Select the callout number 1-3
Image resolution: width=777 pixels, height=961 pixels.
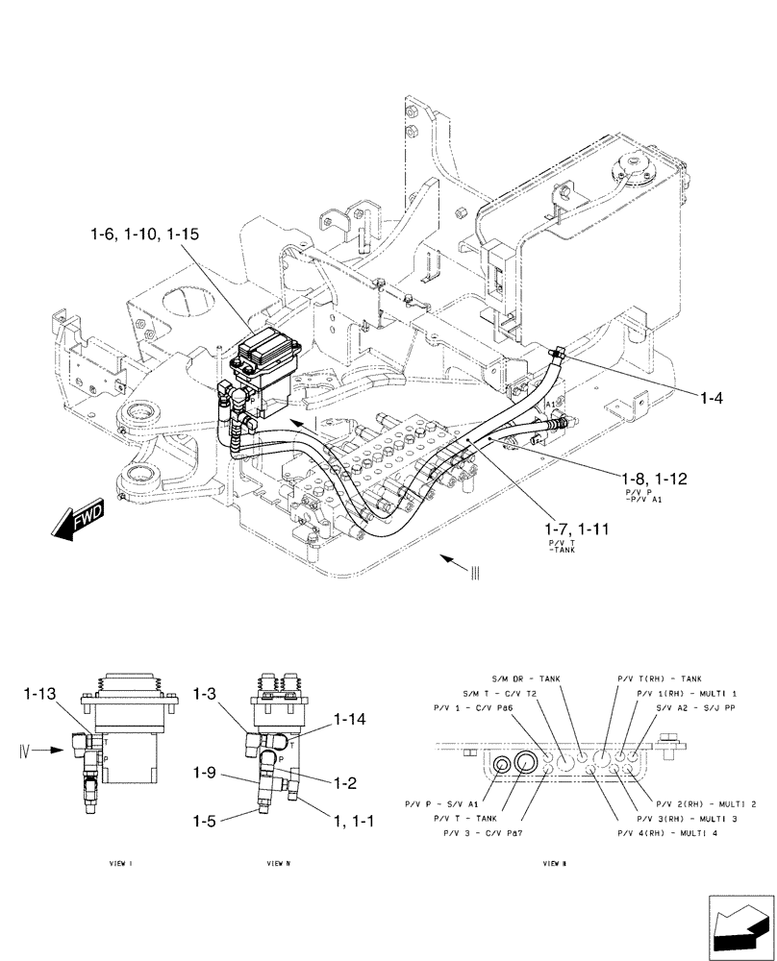pyautogui.click(x=207, y=693)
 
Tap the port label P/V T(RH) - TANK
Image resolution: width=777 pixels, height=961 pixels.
pyautogui.click(x=659, y=678)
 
